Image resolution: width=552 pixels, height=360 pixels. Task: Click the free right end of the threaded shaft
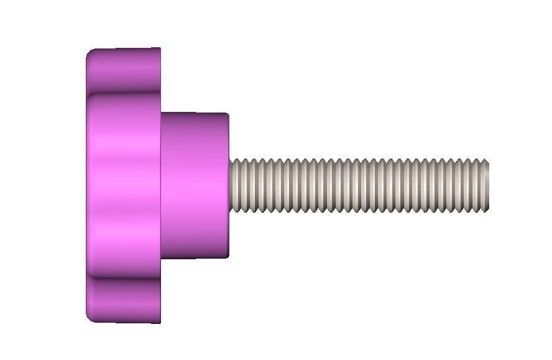click(x=488, y=186)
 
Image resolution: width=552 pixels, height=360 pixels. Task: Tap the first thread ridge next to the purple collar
click(x=236, y=186)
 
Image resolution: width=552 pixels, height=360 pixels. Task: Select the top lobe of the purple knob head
click(x=123, y=68)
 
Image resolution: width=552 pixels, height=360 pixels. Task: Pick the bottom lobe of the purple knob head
click(x=123, y=302)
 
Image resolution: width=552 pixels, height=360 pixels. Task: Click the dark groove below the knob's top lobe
click(x=123, y=93)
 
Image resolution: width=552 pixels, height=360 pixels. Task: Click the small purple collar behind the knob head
click(x=195, y=185)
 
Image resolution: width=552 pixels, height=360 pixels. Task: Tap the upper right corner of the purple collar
click(x=228, y=114)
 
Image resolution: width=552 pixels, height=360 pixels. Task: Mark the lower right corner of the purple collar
click(x=228, y=256)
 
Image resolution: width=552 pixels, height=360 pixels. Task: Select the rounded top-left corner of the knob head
click(x=90, y=52)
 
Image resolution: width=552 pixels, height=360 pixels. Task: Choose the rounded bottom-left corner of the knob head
click(x=90, y=318)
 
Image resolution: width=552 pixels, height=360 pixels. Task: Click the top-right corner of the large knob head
click(x=160, y=49)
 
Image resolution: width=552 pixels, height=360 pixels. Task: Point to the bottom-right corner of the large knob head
click(x=160, y=322)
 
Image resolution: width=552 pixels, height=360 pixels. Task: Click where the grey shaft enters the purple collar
click(x=230, y=186)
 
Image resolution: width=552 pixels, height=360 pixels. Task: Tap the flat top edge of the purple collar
click(x=195, y=114)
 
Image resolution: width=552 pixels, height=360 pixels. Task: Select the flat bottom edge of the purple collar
click(x=195, y=257)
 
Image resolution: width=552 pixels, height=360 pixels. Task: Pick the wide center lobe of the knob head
click(x=123, y=185)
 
